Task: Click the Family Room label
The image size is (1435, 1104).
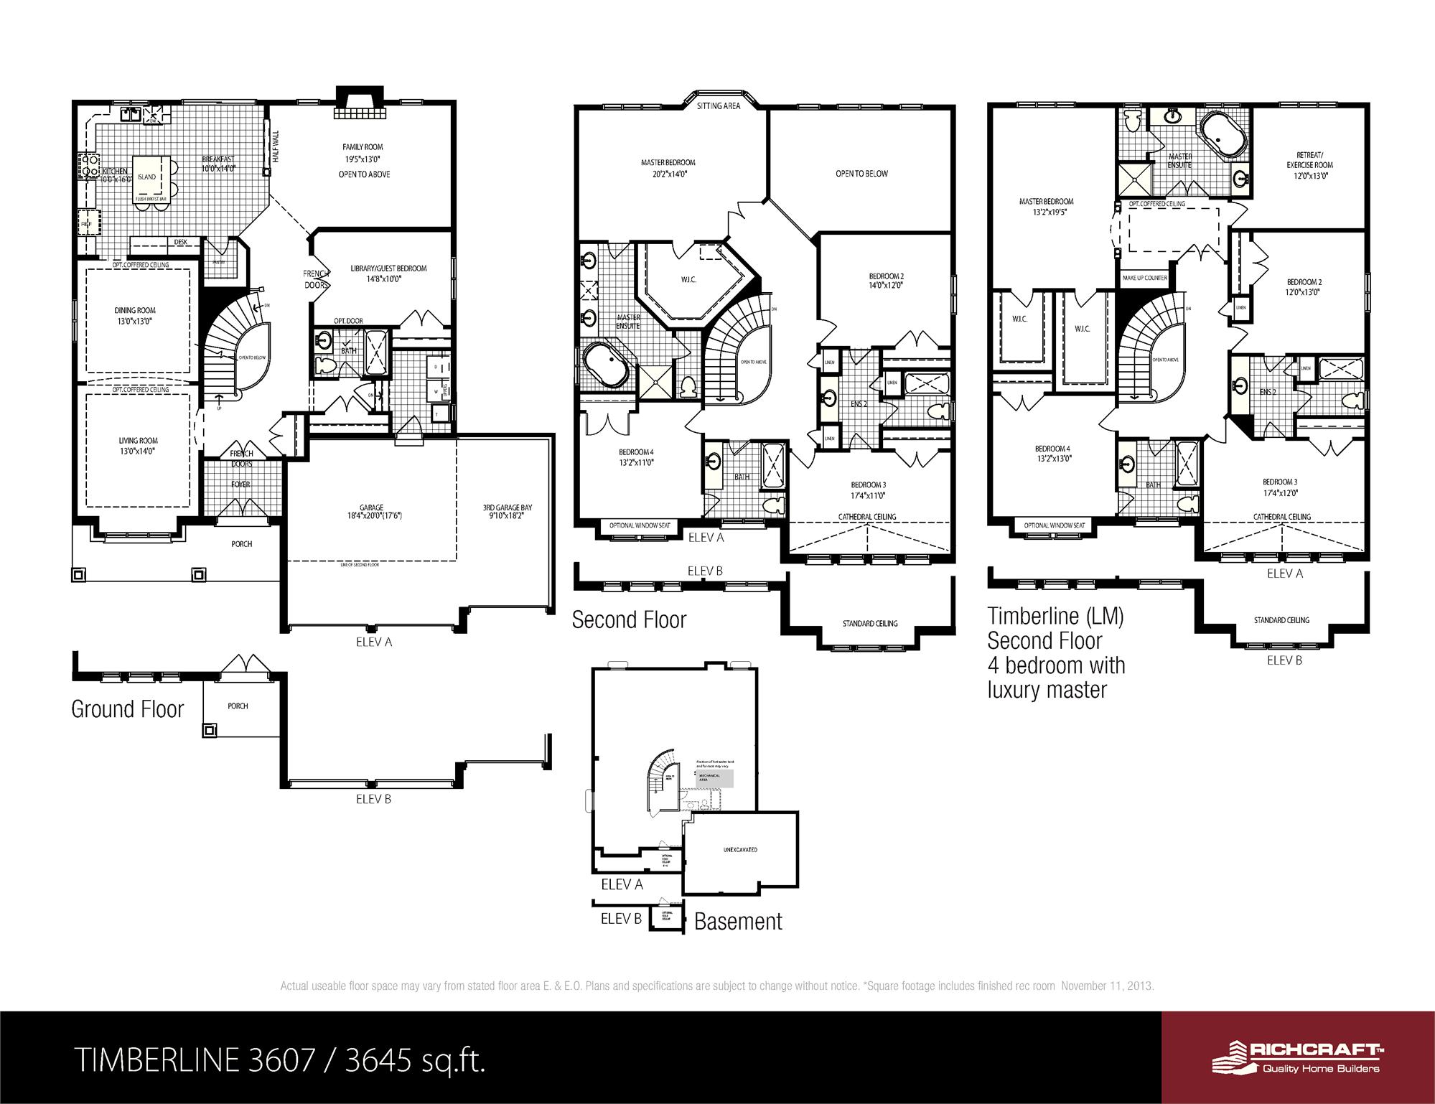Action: (x=363, y=147)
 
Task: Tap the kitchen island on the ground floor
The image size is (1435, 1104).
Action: (x=148, y=177)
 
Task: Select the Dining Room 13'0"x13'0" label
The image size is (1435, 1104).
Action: (x=135, y=316)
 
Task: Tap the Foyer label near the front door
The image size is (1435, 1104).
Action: (x=240, y=485)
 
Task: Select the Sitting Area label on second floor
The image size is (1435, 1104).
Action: (x=719, y=106)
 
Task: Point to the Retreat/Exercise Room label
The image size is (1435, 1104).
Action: (x=1309, y=159)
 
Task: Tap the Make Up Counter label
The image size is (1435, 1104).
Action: (x=1145, y=278)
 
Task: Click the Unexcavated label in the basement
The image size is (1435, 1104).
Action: (x=740, y=850)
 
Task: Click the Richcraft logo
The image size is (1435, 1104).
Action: (x=1298, y=1057)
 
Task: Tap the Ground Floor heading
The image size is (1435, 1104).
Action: (x=128, y=709)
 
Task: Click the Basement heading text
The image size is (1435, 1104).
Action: (x=738, y=921)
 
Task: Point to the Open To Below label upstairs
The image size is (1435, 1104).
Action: (x=861, y=174)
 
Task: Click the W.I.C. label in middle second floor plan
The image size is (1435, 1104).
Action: (x=688, y=279)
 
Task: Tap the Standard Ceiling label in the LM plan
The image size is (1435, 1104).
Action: (x=1281, y=620)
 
